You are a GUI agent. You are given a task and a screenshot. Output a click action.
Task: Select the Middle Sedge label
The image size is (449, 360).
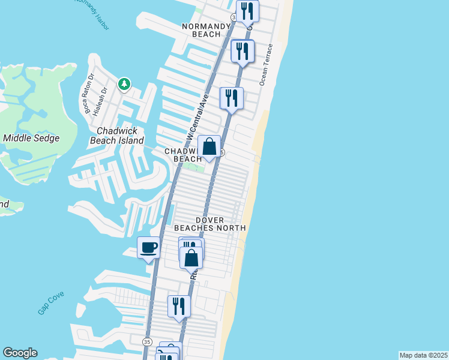(x=31, y=138)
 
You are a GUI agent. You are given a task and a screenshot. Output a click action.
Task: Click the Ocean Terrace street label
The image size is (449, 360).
(x=266, y=64)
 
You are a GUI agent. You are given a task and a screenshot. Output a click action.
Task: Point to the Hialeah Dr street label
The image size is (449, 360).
(x=103, y=98)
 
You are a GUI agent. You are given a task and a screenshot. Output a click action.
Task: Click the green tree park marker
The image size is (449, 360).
(x=124, y=84)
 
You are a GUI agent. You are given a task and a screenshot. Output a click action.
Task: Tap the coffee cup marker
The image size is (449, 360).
(x=149, y=248)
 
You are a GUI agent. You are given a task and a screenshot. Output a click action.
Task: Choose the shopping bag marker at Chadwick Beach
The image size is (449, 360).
(x=209, y=146)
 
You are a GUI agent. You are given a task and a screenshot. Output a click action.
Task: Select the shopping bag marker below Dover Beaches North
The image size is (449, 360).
(x=191, y=258)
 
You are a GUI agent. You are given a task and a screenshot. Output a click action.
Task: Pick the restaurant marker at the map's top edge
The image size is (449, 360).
(x=247, y=10)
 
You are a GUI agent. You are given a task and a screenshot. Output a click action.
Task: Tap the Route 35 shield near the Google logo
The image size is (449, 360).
(x=147, y=341)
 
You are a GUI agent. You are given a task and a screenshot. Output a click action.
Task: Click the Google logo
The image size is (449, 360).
(x=20, y=353)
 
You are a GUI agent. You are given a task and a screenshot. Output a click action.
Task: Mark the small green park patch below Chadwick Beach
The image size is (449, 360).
(x=193, y=167)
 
